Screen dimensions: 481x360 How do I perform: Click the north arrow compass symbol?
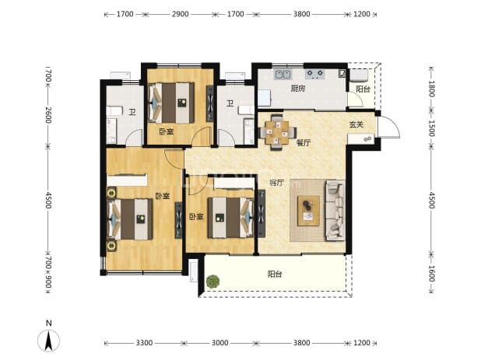48,340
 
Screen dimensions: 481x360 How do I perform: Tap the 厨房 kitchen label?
298,89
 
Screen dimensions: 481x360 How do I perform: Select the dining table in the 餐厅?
277,133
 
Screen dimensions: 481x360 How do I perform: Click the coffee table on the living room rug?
308,211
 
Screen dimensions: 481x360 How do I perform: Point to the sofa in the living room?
335,210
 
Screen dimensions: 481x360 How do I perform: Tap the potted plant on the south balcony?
212,281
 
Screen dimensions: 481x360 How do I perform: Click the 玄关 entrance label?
356,124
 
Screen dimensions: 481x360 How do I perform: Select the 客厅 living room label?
276,183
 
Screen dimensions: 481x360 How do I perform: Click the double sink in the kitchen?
283,74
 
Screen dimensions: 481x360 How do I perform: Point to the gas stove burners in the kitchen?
315,74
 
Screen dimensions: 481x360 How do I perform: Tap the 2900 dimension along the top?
180,14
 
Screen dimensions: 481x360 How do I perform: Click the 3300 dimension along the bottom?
144,343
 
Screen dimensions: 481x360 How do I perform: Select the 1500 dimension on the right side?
431,128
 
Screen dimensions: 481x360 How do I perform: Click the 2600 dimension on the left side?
48,115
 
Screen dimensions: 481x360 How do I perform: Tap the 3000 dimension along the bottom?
220,343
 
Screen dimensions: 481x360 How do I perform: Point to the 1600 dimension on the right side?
431,273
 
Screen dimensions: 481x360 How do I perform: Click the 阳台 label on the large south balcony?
275,274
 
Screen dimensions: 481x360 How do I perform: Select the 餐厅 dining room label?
304,143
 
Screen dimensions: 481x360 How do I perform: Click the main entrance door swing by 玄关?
389,128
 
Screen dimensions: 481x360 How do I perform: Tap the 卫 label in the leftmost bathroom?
132,112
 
